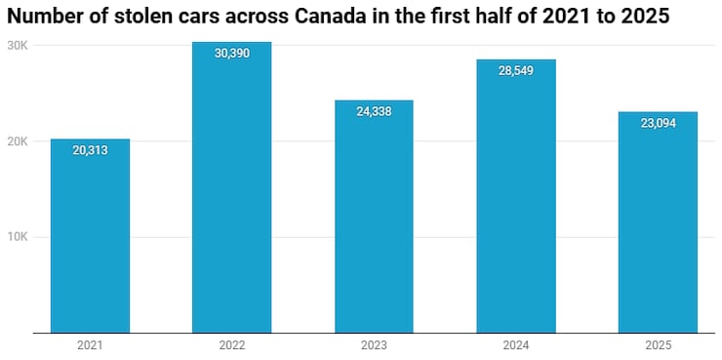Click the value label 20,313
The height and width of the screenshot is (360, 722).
[x=90, y=150]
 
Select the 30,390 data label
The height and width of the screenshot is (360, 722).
[x=232, y=53]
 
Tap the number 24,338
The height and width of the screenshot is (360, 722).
[x=374, y=111]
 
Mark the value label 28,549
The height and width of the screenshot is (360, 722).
[x=516, y=71]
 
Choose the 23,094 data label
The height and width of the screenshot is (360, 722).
[x=658, y=124]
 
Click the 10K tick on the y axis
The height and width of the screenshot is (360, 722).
[x=18, y=237]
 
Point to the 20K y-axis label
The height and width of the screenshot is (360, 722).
[x=18, y=141]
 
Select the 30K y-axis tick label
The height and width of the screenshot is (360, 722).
[x=18, y=46]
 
